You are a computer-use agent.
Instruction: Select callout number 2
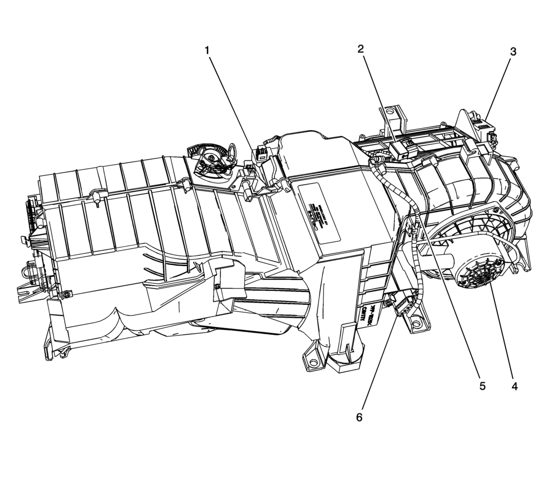coord(361,48)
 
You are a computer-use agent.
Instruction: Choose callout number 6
coord(359,417)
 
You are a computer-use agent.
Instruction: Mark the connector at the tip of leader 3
coord(485,127)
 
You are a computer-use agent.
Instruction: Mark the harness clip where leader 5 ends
coord(415,232)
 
